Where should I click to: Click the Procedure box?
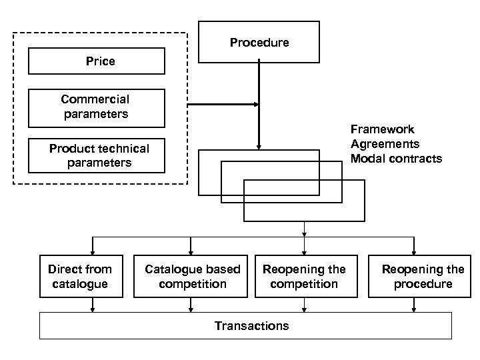pyautogui.click(x=259, y=42)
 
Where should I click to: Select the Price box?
pyautogui.click(x=97, y=61)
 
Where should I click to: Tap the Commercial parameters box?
pyautogui.click(x=97, y=107)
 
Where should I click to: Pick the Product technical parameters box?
pyautogui.click(x=97, y=155)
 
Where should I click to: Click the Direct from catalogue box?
pyautogui.click(x=79, y=276)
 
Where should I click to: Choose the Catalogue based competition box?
pyautogui.click(x=192, y=276)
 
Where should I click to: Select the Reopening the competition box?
pyautogui.click(x=304, y=276)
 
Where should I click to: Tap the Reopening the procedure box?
pyautogui.click(x=423, y=276)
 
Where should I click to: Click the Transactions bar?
pyautogui.click(x=251, y=325)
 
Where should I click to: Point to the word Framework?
pyautogui.click(x=382, y=129)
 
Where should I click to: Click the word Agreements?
pyautogui.click(x=385, y=144)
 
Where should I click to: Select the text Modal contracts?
pyautogui.click(x=396, y=159)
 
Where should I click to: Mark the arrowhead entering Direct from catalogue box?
pyautogui.click(x=93, y=252)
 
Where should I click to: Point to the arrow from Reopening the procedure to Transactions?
pyautogui.click(x=414, y=305)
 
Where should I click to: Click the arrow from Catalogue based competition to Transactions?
pyautogui.click(x=192, y=305)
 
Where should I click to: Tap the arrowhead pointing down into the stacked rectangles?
pyautogui.click(x=259, y=146)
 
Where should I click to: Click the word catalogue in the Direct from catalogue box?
pyautogui.click(x=79, y=283)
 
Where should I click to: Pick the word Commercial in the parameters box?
pyautogui.click(x=95, y=99)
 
